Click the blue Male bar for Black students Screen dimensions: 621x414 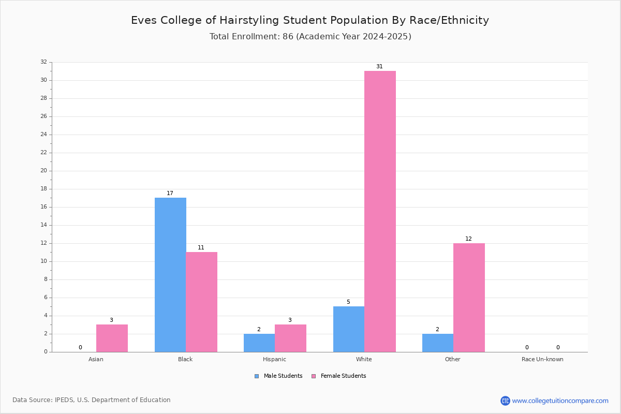pos(170,275)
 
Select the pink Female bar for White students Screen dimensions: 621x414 pos(380,212)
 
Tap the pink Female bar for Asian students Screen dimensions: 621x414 pos(112,338)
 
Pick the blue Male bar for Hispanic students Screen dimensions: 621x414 pos(259,343)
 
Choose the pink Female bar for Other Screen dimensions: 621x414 pos(469,298)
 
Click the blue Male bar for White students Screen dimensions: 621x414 pos(349,329)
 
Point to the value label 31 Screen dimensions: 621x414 pos(379,67)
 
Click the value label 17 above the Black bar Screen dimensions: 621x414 pos(170,193)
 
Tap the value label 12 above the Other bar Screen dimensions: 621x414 pos(468,239)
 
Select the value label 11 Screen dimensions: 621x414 pos(201,247)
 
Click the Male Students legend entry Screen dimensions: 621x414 pos(278,376)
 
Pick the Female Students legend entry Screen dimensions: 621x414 pos(339,376)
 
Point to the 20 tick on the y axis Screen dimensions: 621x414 pos(44,171)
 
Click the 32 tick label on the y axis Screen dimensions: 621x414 pos(44,62)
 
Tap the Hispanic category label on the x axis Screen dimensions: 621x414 pos(274,359)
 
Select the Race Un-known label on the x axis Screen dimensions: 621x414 pos(542,359)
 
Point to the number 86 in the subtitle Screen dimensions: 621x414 pos(288,37)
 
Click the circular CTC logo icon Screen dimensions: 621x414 pos(505,401)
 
